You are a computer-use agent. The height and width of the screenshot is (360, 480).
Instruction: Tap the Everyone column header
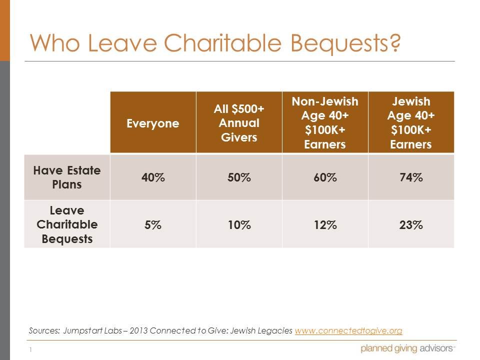[153, 123]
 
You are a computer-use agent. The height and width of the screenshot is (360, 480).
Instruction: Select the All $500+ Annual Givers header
[239, 123]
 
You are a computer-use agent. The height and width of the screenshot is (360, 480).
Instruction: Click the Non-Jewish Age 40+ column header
[325, 123]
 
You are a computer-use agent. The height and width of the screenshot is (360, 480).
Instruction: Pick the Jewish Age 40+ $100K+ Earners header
[411, 123]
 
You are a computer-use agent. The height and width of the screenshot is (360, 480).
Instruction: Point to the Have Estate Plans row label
[67, 177]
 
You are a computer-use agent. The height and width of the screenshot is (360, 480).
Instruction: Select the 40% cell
[153, 177]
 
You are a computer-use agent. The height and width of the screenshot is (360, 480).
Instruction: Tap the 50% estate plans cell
[239, 177]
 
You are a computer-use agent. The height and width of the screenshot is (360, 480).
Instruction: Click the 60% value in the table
[325, 177]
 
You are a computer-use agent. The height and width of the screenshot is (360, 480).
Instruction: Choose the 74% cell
[411, 177]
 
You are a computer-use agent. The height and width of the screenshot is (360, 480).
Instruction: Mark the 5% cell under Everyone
[153, 225]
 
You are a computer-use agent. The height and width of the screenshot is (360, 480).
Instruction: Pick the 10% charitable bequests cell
[239, 225]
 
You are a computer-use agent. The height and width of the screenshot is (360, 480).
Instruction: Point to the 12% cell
[325, 225]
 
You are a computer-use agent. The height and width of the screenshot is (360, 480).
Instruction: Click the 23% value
[411, 225]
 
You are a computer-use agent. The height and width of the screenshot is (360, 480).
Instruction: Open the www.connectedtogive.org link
[348, 331]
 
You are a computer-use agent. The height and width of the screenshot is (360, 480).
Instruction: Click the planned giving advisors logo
[408, 348]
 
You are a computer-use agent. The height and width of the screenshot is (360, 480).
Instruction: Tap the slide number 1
[30, 349]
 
